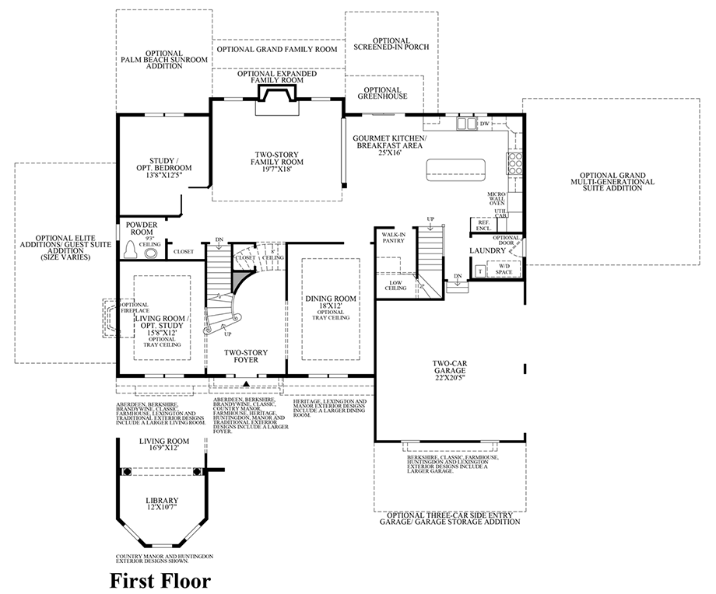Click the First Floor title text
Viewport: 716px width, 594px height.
tap(160, 579)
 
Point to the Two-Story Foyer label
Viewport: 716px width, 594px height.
tap(241, 356)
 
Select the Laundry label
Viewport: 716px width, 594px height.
tap(487, 250)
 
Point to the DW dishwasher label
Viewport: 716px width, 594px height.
tap(484, 124)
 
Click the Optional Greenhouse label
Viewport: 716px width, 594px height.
tap(382, 93)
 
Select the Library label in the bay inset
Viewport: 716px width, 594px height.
tap(163, 504)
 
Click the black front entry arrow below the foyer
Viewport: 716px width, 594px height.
tap(247, 383)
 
